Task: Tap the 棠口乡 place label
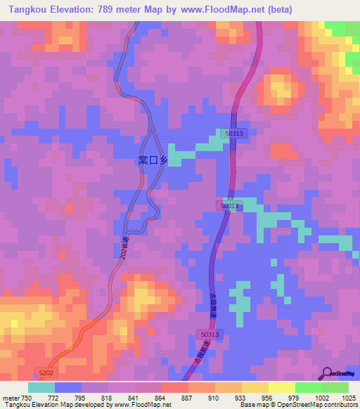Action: tap(153, 160)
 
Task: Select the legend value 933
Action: tap(241, 397)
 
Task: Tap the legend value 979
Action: tap(294, 397)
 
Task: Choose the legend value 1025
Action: tap(349, 397)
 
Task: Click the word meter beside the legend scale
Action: tap(11, 397)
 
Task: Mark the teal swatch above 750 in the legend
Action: tap(41, 387)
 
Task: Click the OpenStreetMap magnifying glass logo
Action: tap(327, 372)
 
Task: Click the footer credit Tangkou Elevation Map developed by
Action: tap(56, 405)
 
